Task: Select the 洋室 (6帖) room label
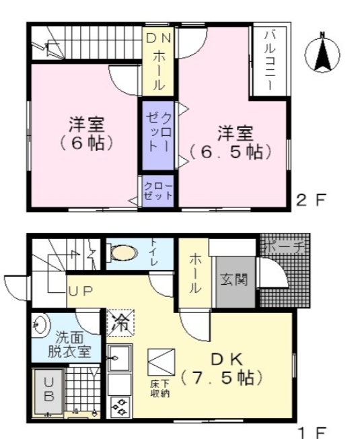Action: tap(85, 133)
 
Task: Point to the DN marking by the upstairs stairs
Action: tap(159, 39)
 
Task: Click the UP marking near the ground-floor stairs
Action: tap(80, 290)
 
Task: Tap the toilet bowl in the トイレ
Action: tap(122, 252)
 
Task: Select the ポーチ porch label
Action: tap(283, 247)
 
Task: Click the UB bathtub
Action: tap(48, 389)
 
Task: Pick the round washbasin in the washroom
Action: tap(40, 325)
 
